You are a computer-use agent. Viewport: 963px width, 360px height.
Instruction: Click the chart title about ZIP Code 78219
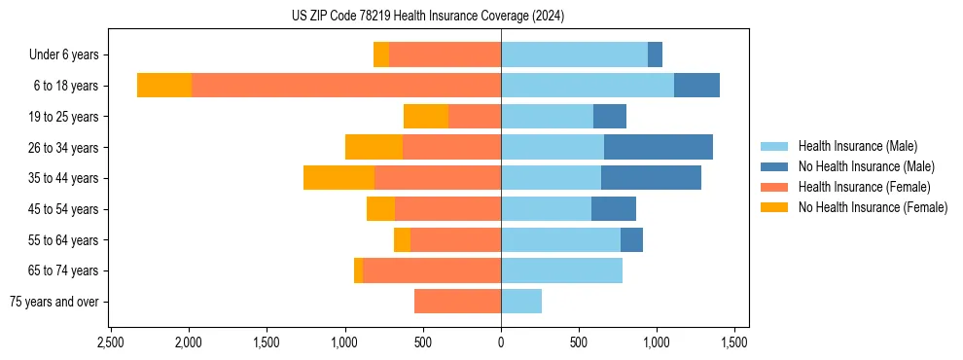(x=428, y=17)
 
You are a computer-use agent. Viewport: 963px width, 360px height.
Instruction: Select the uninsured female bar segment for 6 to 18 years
(x=164, y=86)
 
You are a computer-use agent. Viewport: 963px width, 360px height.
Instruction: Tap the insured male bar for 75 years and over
(x=521, y=302)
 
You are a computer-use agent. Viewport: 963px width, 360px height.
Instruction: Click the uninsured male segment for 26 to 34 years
(x=659, y=147)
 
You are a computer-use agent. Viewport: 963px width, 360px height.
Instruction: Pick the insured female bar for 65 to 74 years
(x=432, y=270)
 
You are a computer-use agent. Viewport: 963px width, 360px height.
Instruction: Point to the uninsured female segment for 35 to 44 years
(x=339, y=178)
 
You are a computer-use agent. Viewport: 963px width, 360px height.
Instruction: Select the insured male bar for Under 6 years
(x=574, y=54)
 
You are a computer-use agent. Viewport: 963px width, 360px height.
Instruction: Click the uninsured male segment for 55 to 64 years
(x=631, y=239)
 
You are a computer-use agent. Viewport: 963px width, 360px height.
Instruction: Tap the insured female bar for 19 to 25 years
(x=475, y=117)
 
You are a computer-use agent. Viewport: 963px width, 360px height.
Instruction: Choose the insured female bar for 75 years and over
(x=457, y=302)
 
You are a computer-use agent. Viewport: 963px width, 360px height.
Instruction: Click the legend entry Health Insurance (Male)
(x=857, y=146)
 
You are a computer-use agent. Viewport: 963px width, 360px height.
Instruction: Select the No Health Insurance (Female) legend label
(x=873, y=207)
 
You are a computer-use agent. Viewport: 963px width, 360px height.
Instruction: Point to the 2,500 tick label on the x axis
(x=110, y=342)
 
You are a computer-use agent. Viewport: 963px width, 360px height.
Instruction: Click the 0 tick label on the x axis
(x=501, y=342)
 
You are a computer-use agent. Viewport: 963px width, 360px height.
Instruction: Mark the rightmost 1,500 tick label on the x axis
(x=734, y=342)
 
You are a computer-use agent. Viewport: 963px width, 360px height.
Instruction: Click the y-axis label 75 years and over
(x=54, y=302)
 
